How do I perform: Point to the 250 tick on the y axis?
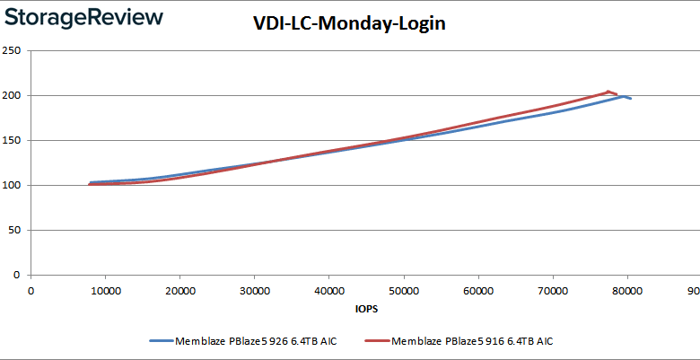click(13, 50)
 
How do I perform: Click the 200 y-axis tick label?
click(13, 95)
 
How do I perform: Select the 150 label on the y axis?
click(13, 140)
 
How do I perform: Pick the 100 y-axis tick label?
click(13, 185)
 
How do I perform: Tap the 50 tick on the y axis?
click(16, 230)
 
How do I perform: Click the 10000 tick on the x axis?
click(106, 290)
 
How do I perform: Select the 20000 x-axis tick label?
click(180, 290)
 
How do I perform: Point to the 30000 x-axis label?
click(255, 290)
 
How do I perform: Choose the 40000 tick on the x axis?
click(329, 290)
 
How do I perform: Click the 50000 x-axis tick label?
click(404, 290)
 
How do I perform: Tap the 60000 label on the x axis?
click(478, 290)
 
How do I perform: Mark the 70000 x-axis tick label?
click(553, 290)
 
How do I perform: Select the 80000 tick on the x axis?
click(627, 290)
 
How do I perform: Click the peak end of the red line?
click(608, 92)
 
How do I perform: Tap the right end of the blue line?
click(631, 98)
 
